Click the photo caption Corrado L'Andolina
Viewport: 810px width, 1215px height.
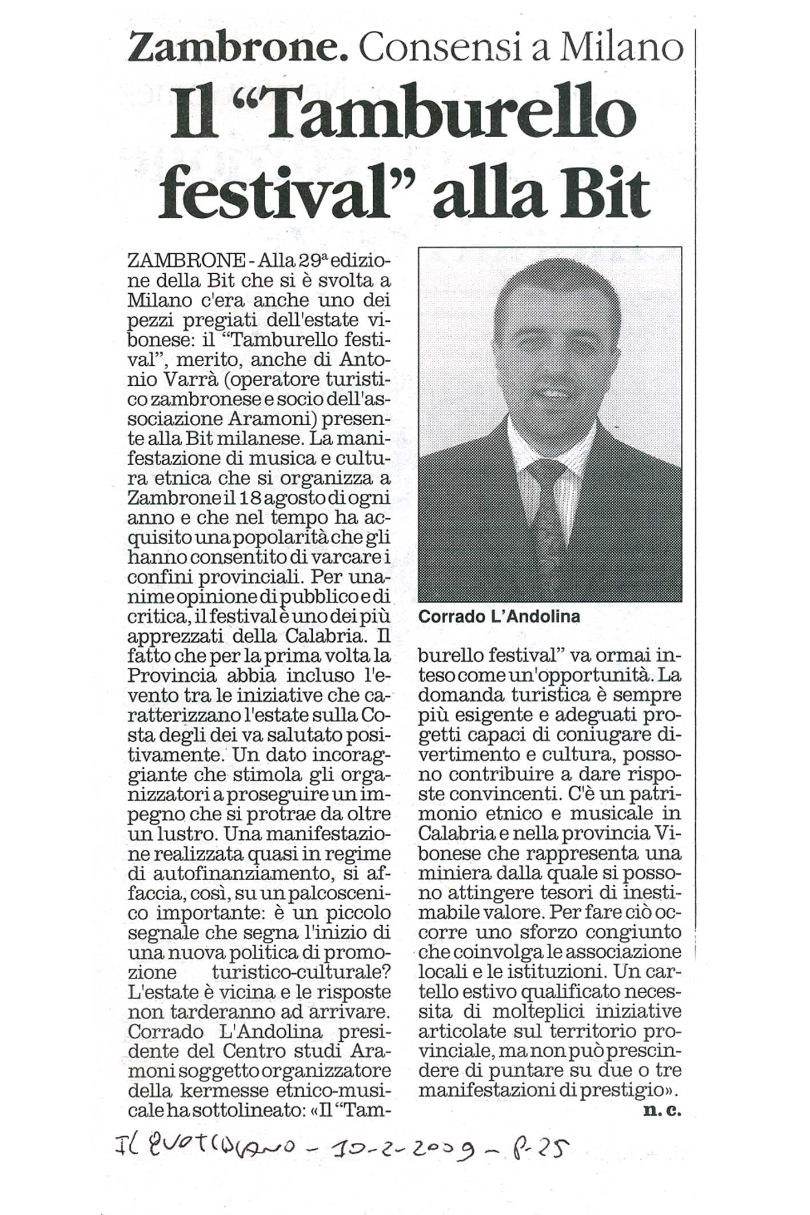click(498, 617)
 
